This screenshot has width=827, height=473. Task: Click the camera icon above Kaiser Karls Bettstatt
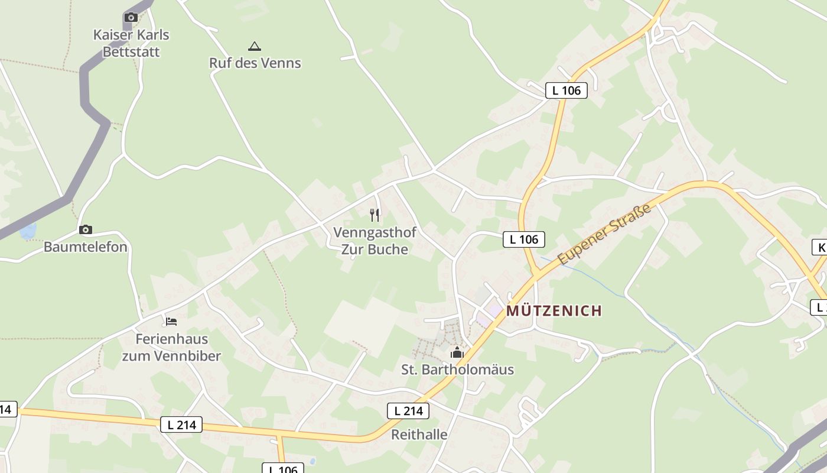pyautogui.click(x=131, y=18)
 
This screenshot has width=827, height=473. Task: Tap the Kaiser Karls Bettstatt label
pyautogui.click(x=131, y=43)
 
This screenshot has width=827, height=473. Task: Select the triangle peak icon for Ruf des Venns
pyautogui.click(x=255, y=46)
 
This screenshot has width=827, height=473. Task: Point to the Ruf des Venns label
pyautogui.click(x=255, y=63)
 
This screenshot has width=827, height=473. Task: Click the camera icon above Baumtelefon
pyautogui.click(x=86, y=229)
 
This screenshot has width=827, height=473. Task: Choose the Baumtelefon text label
pyautogui.click(x=86, y=247)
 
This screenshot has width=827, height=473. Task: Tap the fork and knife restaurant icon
pyautogui.click(x=375, y=215)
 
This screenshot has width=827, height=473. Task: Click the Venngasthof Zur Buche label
pyautogui.click(x=375, y=241)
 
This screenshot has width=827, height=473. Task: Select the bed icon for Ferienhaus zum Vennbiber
pyautogui.click(x=171, y=322)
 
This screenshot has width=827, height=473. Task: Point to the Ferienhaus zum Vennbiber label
pyautogui.click(x=171, y=348)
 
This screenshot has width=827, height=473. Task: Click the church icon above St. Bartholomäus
pyautogui.click(x=457, y=353)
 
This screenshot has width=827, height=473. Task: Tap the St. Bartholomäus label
pyautogui.click(x=457, y=370)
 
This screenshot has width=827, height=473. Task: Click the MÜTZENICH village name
pyautogui.click(x=554, y=310)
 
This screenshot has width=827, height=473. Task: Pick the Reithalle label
pyautogui.click(x=419, y=435)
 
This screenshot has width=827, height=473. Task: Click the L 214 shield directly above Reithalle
pyautogui.click(x=408, y=411)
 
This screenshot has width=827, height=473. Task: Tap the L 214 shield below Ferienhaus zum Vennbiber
pyautogui.click(x=181, y=425)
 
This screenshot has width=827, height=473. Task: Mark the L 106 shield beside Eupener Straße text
pyautogui.click(x=524, y=239)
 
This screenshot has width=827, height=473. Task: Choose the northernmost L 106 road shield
pyautogui.click(x=566, y=90)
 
